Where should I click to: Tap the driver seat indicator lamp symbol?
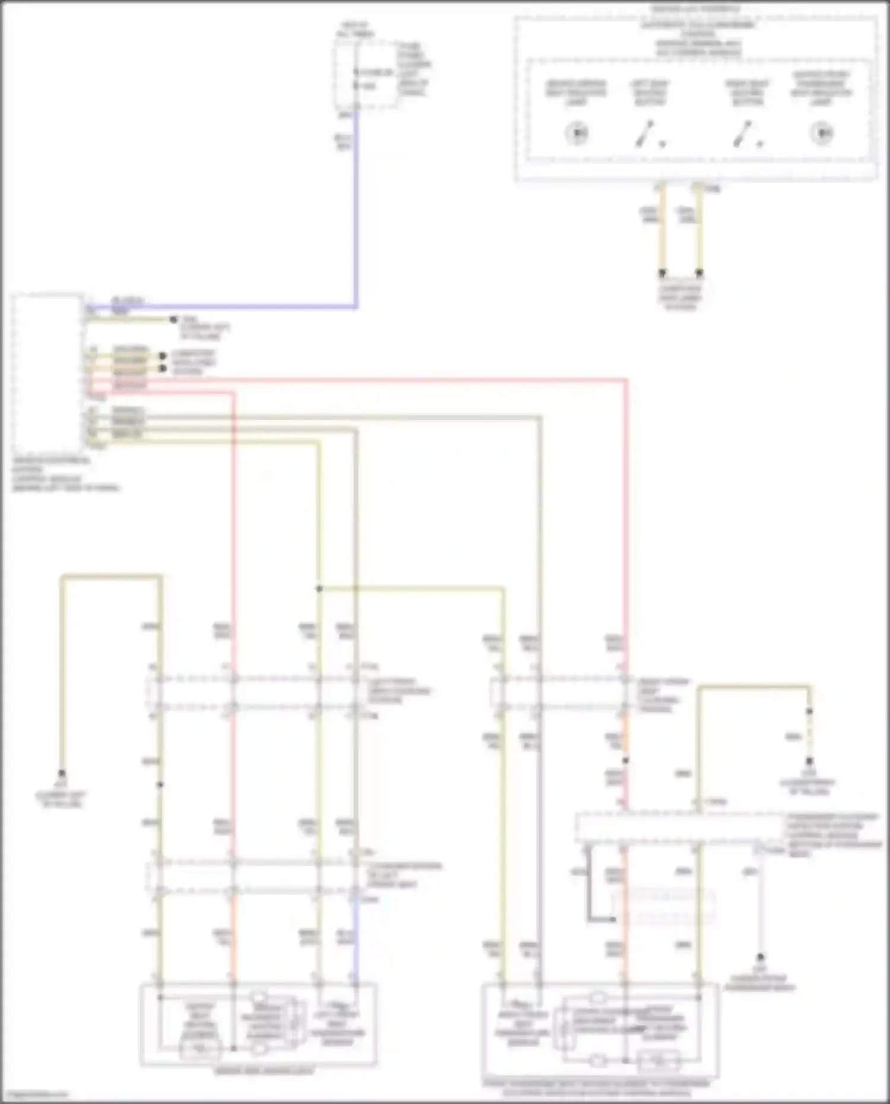576,132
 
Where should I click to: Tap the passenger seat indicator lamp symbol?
822,132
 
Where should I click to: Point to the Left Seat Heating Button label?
649,93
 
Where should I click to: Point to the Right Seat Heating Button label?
747,93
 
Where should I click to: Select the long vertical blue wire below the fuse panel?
356,208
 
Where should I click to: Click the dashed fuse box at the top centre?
366,75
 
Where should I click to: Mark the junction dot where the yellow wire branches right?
319,588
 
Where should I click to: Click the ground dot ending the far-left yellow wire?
62,774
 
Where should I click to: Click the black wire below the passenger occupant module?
589,884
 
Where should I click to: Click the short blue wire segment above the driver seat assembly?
355,937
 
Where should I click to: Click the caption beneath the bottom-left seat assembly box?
264,1071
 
